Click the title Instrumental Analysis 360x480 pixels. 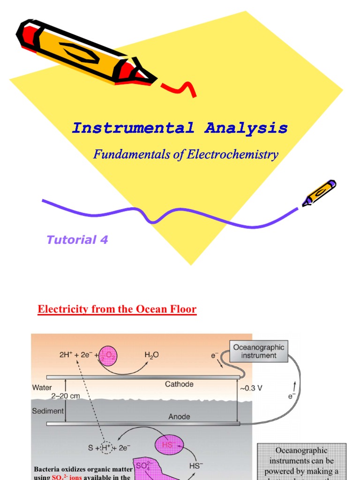180,128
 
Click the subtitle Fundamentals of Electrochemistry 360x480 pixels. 186,154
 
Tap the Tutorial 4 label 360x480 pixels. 77,240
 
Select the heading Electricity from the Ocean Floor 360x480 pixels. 117,309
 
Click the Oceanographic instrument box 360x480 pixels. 258,351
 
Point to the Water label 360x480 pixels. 42,388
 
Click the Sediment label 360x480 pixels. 48,411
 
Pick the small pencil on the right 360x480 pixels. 319,193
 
